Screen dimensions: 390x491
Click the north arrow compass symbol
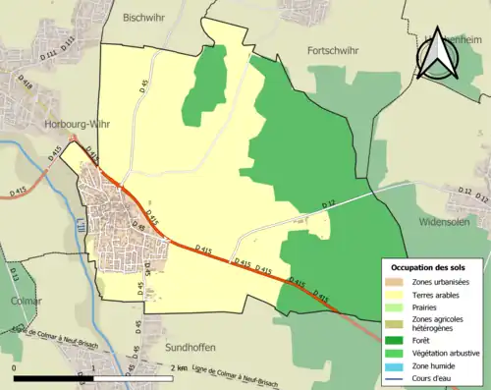point(437,49)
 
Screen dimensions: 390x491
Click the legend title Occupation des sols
point(428,267)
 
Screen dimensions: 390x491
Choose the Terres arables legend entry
point(438,294)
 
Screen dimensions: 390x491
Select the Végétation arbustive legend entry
point(447,352)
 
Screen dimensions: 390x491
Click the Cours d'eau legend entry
point(433,377)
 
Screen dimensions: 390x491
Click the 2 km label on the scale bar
point(178,367)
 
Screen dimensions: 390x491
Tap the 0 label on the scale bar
point(14,367)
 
